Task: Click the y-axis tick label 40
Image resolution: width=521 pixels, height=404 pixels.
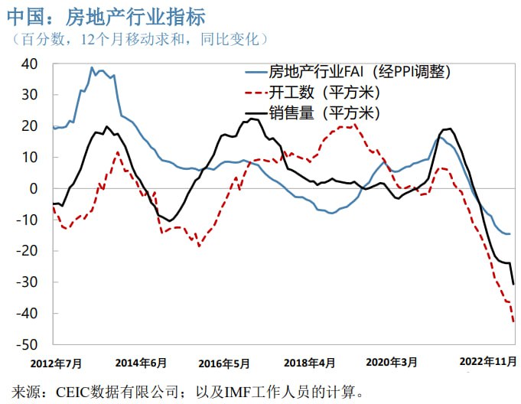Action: tap(32, 64)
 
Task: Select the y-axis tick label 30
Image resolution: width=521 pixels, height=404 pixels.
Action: tap(32, 95)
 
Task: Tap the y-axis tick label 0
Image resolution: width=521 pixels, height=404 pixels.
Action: tap(37, 188)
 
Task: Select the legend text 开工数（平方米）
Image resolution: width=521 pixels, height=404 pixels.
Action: tap(325, 93)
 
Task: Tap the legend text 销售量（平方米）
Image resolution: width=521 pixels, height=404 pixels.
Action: tap(325, 113)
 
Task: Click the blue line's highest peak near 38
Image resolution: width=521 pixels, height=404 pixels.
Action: tap(92, 67)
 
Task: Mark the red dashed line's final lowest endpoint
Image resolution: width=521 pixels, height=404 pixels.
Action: tap(513, 321)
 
